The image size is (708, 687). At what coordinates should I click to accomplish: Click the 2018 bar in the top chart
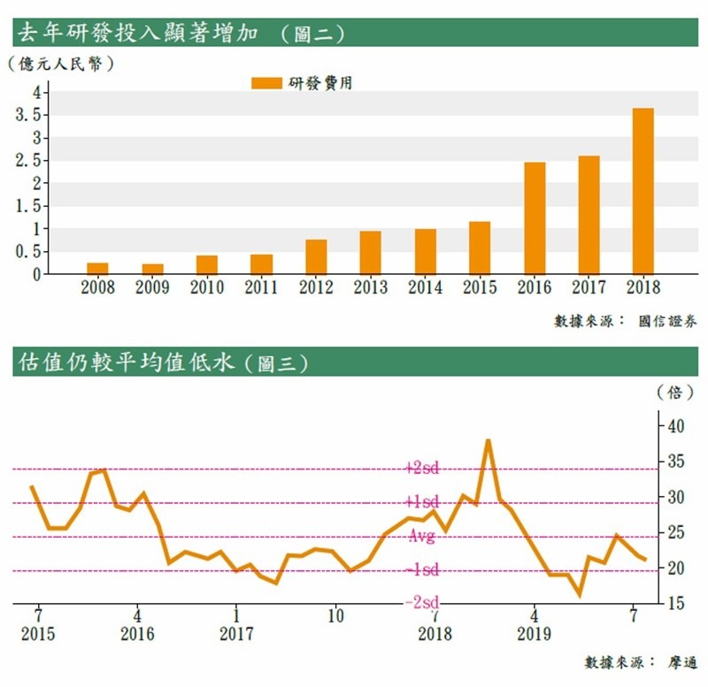click(643, 191)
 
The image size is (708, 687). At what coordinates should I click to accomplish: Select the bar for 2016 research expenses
click(535, 218)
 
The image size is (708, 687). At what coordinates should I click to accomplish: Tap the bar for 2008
click(97, 268)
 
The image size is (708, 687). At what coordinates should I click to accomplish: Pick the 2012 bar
click(316, 256)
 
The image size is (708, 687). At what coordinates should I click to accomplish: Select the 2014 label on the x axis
click(426, 288)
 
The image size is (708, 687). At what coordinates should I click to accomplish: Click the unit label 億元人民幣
click(60, 64)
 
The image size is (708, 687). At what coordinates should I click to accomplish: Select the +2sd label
click(420, 468)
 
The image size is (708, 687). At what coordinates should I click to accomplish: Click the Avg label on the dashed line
click(420, 537)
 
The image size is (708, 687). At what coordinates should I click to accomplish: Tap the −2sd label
click(420, 602)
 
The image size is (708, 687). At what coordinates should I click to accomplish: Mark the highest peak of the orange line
click(488, 439)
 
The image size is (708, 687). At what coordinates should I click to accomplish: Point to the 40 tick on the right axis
click(674, 426)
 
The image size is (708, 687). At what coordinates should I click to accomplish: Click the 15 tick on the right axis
click(674, 604)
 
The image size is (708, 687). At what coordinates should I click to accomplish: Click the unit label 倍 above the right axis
click(674, 392)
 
